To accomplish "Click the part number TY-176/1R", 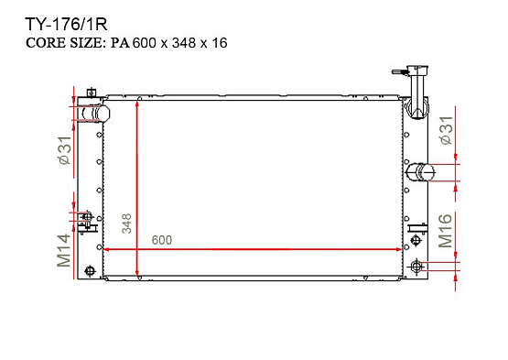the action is pyautogui.click(x=66, y=25).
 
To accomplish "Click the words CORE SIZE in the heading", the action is pyautogui.click(x=64, y=43).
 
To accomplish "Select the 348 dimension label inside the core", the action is pyautogui.click(x=126, y=224).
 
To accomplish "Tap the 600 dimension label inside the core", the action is pyautogui.click(x=162, y=240).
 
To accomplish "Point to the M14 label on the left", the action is pyautogui.click(x=64, y=250).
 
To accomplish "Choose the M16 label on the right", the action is pyautogui.click(x=445, y=231).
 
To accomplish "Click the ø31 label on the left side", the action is pyautogui.click(x=65, y=150).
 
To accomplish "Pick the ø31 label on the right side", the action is pyautogui.click(x=446, y=130).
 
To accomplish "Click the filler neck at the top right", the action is pyautogui.click(x=416, y=92).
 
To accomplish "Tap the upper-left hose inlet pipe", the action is pyautogui.click(x=93, y=114).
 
